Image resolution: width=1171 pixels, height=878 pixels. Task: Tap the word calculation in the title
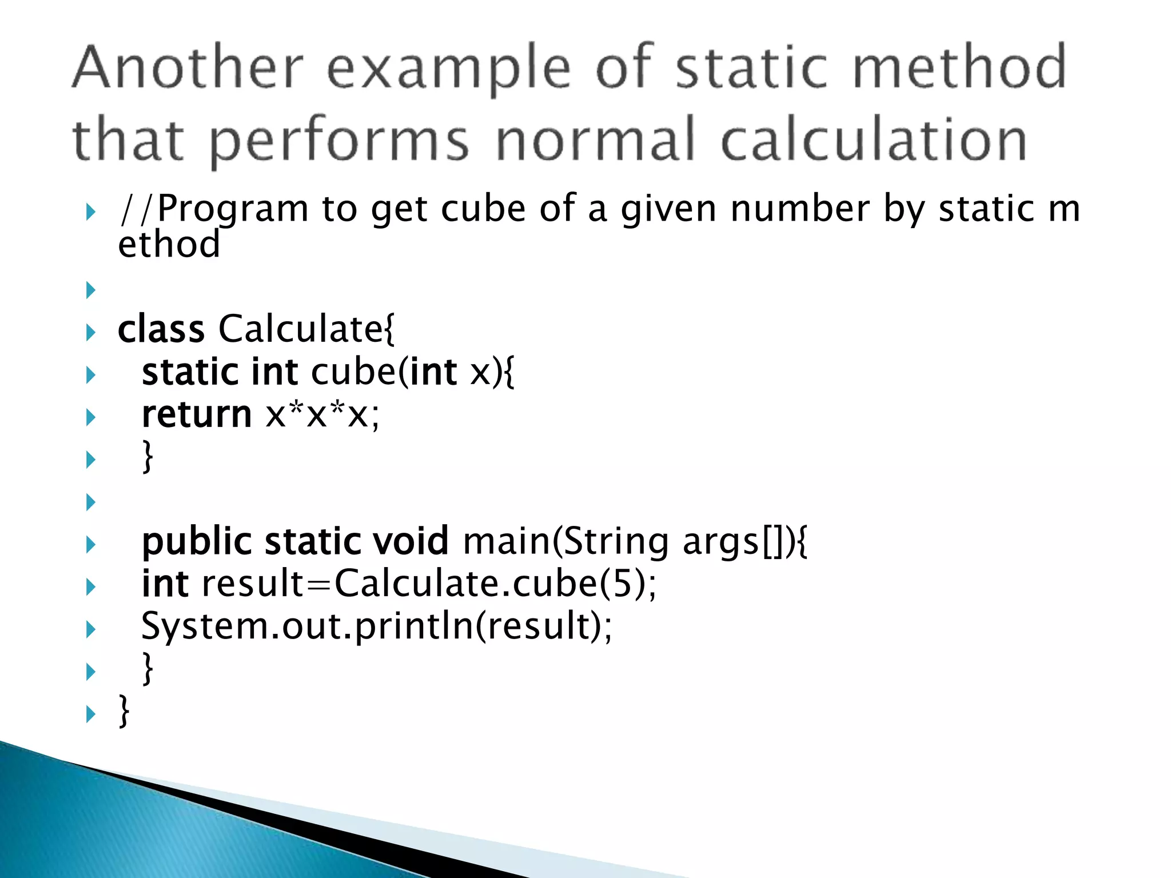coord(874,139)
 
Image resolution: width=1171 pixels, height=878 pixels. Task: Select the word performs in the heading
coord(340,141)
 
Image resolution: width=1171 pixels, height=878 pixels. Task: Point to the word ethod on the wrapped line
coord(169,244)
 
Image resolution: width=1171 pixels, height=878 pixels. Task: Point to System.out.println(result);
coord(376,626)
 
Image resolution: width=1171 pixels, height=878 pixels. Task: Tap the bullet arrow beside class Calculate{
coord(90,332)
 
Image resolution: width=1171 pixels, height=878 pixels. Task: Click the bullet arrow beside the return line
coord(90,417)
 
